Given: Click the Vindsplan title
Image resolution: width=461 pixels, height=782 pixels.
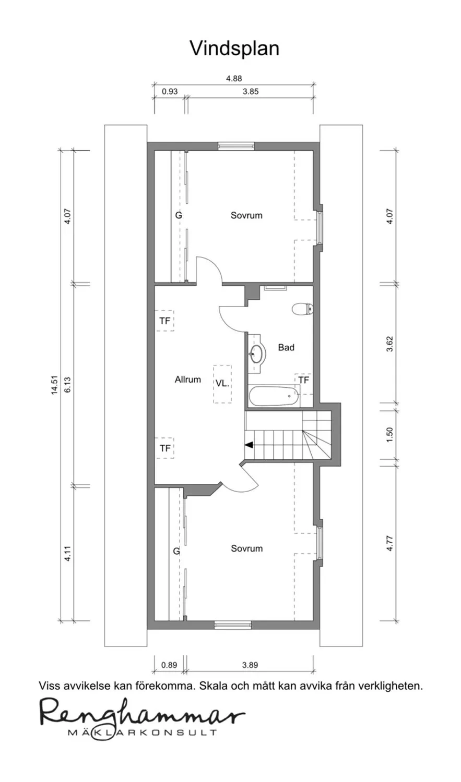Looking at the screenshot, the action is [234, 48].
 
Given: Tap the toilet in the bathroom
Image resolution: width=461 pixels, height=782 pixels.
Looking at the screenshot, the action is [302, 309].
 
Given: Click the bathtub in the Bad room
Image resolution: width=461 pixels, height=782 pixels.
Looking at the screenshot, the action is [274, 396].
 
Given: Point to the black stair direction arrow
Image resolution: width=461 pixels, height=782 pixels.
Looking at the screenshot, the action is [249, 445].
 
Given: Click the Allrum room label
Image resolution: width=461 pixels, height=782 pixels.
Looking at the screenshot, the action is [187, 380].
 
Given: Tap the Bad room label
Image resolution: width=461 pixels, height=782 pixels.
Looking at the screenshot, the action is [286, 347].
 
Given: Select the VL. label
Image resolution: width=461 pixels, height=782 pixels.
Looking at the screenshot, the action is [222, 383].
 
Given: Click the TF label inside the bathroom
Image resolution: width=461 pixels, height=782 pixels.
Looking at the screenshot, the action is [304, 380].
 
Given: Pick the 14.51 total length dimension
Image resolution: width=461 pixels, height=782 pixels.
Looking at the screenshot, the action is [54, 385].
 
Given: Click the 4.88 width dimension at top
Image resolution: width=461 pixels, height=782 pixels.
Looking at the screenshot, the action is [234, 78].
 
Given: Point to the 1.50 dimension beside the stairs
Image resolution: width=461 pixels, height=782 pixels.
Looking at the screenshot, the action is [389, 435].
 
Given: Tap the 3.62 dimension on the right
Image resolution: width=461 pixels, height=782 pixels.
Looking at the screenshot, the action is [389, 344].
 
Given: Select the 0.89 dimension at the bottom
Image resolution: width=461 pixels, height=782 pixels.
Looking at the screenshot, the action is [169, 665].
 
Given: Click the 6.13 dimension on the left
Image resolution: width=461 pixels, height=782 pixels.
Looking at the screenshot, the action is [67, 384].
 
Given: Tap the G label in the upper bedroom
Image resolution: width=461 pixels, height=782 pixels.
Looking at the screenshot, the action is [179, 215].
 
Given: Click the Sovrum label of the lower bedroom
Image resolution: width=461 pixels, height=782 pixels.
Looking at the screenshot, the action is [247, 548].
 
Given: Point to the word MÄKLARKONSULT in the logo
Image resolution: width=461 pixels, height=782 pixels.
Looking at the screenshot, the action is [142, 732].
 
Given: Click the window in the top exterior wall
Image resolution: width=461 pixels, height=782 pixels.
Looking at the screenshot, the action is [236, 146].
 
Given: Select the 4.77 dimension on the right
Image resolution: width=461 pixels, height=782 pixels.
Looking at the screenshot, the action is [389, 544].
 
